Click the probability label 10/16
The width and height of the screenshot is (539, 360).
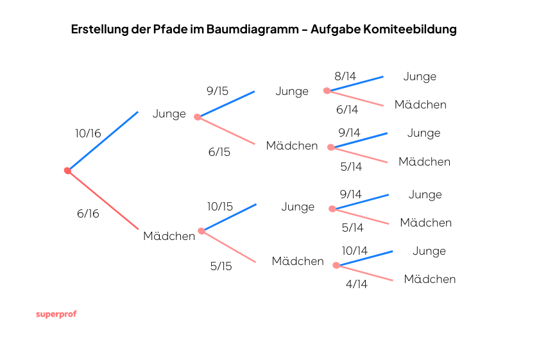[88, 133]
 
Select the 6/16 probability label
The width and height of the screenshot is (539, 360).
[88, 214]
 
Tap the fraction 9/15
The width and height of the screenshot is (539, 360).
[218, 91]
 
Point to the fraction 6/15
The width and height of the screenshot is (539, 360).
[219, 152]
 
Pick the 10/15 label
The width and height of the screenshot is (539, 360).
[220, 207]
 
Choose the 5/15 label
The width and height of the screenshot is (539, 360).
[221, 266]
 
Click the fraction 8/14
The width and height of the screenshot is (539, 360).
[345, 76]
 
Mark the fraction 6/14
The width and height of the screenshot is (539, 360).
[347, 110]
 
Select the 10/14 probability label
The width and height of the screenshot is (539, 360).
[355, 251]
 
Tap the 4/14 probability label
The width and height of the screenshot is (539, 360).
[356, 284]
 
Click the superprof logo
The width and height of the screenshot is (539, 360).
[56, 314]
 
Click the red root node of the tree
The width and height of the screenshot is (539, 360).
[67, 171]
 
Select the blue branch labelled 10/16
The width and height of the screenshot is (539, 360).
[103, 141]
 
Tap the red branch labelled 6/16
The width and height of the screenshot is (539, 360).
[103, 200]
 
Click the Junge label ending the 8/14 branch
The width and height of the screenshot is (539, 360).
[420, 76]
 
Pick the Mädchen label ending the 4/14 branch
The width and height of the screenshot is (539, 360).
[430, 279]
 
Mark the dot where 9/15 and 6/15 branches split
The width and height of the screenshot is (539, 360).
[198, 117]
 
